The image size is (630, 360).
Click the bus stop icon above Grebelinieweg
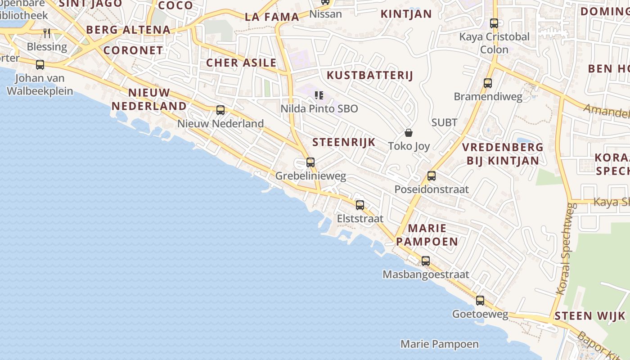tap(310, 162)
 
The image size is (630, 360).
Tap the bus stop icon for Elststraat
tap(360, 205)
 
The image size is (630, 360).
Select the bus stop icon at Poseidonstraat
tap(432, 176)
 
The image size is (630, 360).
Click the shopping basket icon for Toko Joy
tap(409, 133)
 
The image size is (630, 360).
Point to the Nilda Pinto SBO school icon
tap(319, 95)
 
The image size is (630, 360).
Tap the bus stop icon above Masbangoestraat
tap(426, 261)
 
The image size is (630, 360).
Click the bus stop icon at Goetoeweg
tap(480, 301)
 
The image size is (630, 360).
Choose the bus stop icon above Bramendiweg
tap(488, 83)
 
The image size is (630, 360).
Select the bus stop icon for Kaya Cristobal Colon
tap(494, 23)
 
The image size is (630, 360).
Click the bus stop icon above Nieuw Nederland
tap(220, 110)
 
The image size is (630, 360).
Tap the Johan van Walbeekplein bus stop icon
tap(40, 65)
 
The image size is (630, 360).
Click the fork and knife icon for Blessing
tap(46, 33)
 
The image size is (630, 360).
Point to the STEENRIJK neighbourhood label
tap(344, 142)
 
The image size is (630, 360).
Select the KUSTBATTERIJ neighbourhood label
tap(369, 75)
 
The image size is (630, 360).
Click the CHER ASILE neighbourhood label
tap(241, 63)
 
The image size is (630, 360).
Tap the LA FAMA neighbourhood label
tap(272, 17)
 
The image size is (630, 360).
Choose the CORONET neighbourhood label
tap(133, 50)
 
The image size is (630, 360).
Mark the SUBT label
tap(444, 122)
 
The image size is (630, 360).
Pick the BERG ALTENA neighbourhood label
tap(128, 30)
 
